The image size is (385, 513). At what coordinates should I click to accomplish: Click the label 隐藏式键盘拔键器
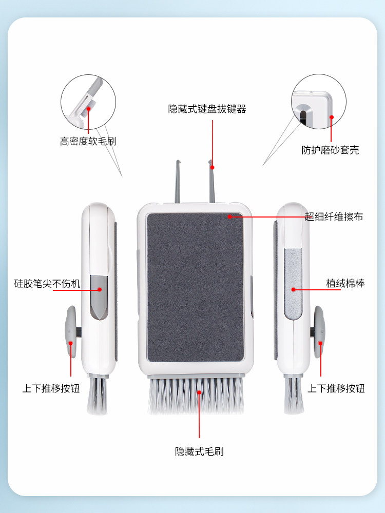(x=207, y=109)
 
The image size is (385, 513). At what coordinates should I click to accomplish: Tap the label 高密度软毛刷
(x=88, y=141)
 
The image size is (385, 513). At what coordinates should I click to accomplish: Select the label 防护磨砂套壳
(x=330, y=150)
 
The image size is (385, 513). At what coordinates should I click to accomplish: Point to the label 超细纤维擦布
(x=334, y=217)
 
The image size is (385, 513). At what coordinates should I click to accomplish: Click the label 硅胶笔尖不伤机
(x=47, y=283)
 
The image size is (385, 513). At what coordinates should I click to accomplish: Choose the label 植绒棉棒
(x=345, y=283)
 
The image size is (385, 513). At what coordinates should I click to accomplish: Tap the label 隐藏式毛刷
(x=199, y=451)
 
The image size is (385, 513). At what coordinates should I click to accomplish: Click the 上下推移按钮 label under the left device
(x=51, y=388)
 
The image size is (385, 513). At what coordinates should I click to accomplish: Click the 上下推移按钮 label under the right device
(x=336, y=388)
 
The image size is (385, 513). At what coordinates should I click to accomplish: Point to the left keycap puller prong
(x=178, y=183)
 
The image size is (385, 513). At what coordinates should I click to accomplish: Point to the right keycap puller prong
(x=211, y=183)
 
